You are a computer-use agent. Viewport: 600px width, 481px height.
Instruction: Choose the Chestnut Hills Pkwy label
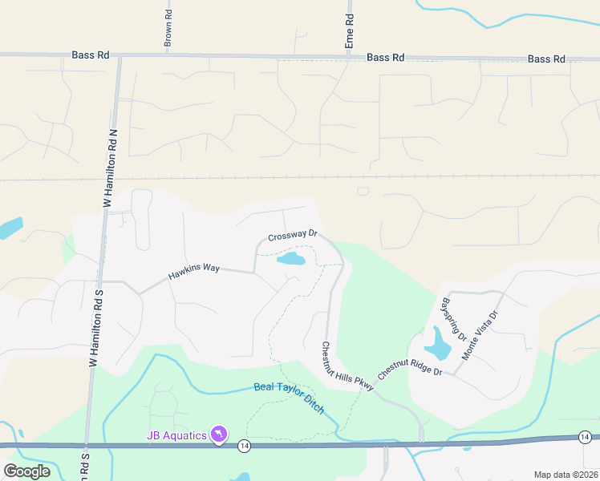[348, 367]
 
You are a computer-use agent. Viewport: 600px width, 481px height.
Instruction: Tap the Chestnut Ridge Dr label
[410, 368]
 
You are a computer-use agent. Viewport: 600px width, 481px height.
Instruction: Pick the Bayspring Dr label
[454, 320]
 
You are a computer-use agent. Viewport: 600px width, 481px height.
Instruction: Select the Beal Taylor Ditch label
[290, 396]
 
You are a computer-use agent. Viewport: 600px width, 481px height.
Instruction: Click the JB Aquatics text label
[176, 435]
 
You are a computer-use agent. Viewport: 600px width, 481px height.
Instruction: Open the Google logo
[27, 471]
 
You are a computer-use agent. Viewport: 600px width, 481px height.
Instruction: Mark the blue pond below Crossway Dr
[291, 259]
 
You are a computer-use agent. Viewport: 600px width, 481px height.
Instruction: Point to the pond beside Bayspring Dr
[438, 345]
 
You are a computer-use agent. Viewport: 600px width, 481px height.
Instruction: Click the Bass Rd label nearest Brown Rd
[90, 55]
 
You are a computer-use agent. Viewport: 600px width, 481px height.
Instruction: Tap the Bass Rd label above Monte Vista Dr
[546, 59]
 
